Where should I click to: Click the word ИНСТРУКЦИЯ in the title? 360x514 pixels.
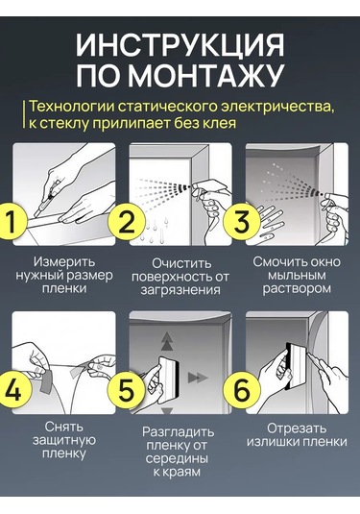point(180,45)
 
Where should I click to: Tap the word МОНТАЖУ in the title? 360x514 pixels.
point(205,75)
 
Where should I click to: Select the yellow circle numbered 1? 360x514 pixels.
point(12,220)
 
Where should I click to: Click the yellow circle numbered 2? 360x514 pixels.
point(127,220)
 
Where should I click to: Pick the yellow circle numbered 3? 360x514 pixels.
point(241,220)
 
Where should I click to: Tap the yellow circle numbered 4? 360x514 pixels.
point(13,390)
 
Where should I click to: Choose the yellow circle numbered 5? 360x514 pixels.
point(127,390)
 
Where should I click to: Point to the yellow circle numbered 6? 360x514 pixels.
point(241,390)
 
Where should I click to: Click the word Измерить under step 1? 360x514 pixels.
point(64,262)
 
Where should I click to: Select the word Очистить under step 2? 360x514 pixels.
point(181,263)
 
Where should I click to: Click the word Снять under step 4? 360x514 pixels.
point(64,427)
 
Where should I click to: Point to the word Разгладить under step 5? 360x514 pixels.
point(178,432)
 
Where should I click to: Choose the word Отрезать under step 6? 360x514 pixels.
point(297,428)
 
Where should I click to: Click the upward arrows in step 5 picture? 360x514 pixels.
point(167,342)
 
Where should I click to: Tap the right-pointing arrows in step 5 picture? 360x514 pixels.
point(198,378)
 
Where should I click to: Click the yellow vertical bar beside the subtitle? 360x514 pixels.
point(24,114)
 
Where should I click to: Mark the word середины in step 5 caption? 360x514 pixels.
point(177,459)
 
